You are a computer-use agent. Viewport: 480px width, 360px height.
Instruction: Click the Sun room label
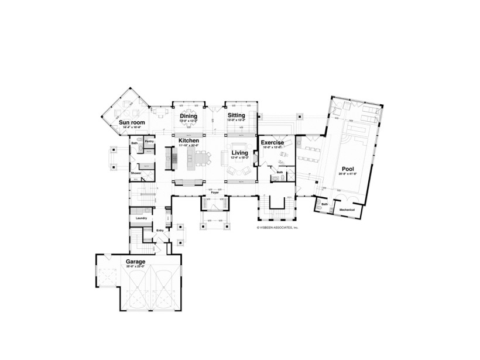[132, 122]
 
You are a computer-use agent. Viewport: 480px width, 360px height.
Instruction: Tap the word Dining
[188, 116]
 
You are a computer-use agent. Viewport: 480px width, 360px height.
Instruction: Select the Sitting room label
[236, 116]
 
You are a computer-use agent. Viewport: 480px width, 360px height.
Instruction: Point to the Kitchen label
[188, 141]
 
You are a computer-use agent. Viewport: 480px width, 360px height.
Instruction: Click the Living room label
[239, 153]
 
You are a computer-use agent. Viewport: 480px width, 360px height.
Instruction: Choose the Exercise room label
[272, 142]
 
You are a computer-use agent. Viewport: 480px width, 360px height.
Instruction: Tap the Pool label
[347, 169]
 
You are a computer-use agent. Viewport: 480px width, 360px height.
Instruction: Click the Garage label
[136, 261]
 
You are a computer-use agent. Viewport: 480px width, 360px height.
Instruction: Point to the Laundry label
[140, 218]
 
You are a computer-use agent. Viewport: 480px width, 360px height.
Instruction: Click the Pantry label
[149, 141]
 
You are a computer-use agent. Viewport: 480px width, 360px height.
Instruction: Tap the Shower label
[136, 173]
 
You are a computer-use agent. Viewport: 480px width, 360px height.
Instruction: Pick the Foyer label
[215, 191]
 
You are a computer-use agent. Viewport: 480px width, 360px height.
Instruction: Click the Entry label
[160, 230]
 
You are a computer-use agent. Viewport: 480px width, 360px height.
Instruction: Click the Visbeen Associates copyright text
[277, 227]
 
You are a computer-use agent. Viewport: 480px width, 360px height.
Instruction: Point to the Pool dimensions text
[347, 174]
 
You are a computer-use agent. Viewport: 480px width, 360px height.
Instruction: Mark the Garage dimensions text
[136, 266]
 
